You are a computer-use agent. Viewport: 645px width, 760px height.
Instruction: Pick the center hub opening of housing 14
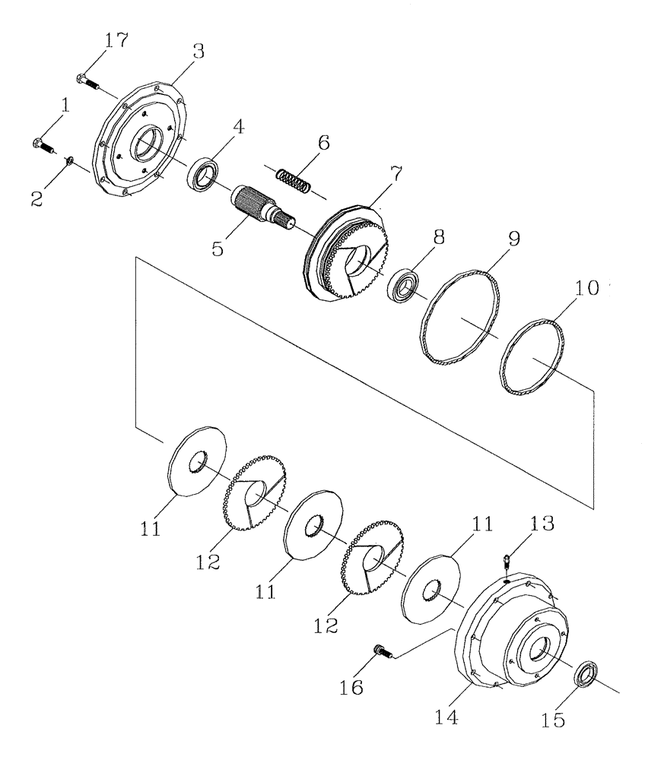[x=539, y=651]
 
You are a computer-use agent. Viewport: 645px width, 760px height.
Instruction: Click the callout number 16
[x=352, y=686]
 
